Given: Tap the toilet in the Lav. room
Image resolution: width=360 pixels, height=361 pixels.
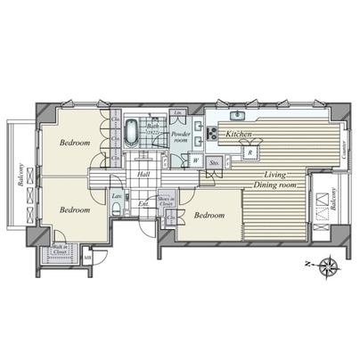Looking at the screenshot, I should [119, 210].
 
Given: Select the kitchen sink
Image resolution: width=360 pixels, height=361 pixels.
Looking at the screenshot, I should [237, 117].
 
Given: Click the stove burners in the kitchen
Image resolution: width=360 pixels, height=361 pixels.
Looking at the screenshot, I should [212, 134].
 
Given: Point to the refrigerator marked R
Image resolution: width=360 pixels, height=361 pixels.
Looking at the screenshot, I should [252, 152].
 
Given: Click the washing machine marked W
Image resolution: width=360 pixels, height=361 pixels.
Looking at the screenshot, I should [194, 162].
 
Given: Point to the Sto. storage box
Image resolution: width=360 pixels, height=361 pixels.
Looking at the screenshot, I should [215, 163].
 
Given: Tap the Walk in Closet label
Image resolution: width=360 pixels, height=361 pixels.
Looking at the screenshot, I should [61, 250].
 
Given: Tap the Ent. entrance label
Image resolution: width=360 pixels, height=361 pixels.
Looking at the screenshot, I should [142, 204].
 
